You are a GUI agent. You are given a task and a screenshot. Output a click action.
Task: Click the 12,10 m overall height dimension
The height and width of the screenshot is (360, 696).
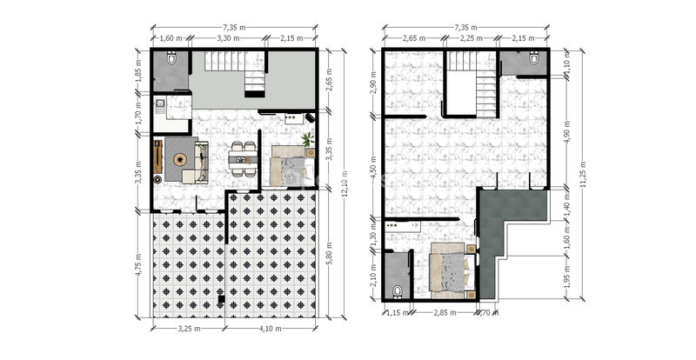coord(345,183)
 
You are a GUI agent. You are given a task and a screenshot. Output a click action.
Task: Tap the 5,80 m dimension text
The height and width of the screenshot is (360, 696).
coord(329,252)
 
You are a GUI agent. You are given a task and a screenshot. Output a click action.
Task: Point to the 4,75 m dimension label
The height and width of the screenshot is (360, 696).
coord(138,264)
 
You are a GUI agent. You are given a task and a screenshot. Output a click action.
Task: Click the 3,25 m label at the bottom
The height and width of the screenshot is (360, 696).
coord(189,329)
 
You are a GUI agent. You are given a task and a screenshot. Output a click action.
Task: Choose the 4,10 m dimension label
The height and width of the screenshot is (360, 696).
coord(271,329)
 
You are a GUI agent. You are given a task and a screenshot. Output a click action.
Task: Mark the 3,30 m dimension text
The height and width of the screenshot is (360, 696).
coord(228,38)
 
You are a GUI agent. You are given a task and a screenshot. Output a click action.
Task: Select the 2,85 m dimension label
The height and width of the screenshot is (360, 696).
coord(445,312)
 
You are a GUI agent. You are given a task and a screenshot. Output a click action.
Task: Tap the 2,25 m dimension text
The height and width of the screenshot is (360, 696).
coord(472,38)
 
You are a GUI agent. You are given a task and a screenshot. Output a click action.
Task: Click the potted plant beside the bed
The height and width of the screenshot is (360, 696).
coord(308,139)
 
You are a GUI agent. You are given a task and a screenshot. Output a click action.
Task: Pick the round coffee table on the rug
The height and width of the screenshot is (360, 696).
coord(180,159)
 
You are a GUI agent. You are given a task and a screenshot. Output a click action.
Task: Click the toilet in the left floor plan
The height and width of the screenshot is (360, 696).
coord(171,57)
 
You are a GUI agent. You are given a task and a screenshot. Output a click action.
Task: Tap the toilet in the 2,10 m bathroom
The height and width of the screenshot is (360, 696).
coord(398,291)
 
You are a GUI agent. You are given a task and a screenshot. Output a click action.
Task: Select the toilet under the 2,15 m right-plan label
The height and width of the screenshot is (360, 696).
coord(534,57)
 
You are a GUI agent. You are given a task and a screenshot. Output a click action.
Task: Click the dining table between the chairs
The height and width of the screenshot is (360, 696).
coord(243,158)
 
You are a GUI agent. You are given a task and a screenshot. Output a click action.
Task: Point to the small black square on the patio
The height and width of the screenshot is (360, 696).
coord(221,299)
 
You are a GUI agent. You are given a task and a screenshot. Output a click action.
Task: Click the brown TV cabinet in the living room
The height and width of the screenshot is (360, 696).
coord(157,157)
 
